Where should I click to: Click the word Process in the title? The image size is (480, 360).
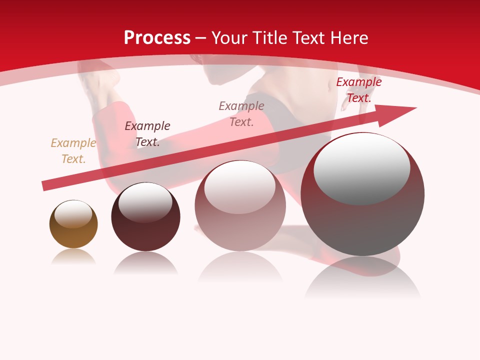[157, 38]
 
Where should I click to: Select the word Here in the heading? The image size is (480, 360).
[349, 38]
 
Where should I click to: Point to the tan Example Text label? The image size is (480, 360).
[73, 150]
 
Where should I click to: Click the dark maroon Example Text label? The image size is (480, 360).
[147, 133]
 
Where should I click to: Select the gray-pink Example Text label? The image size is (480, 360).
[241, 113]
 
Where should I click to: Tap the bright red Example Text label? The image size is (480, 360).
[358, 90]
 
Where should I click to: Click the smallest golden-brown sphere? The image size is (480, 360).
[73, 233]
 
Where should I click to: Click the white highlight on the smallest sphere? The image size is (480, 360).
[73, 214]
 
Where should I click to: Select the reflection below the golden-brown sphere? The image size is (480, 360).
[73, 257]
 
